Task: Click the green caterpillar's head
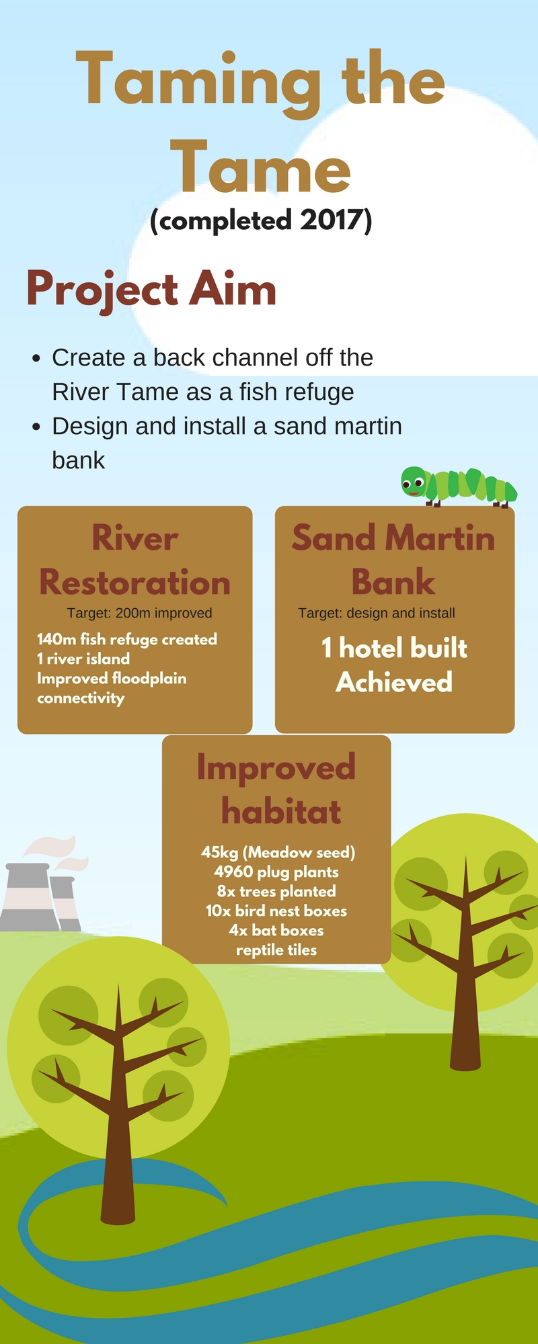pyautogui.click(x=414, y=482)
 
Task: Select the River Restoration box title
pyautogui.click(x=135, y=560)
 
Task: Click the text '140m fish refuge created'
pyautogui.click(x=127, y=639)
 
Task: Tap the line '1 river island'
pyautogui.click(x=83, y=659)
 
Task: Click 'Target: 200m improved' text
pyautogui.click(x=140, y=613)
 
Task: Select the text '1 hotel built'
pyautogui.click(x=394, y=648)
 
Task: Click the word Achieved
pyautogui.click(x=394, y=682)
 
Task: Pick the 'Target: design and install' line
pyautogui.click(x=377, y=613)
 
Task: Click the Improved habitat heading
pyautogui.click(x=276, y=789)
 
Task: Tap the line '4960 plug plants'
pyautogui.click(x=276, y=872)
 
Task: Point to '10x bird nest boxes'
pyautogui.click(x=276, y=911)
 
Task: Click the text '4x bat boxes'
pyautogui.click(x=276, y=930)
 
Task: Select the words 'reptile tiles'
pyautogui.click(x=276, y=950)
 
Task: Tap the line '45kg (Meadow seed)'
pyautogui.click(x=278, y=852)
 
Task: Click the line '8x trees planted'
pyautogui.click(x=276, y=891)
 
